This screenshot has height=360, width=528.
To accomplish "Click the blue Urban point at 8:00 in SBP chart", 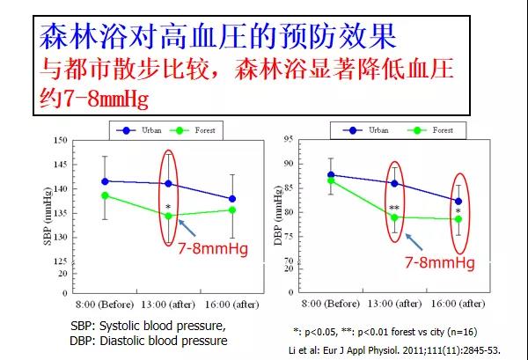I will click(x=105, y=181).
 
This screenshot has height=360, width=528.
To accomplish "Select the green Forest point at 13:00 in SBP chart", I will click(x=169, y=216).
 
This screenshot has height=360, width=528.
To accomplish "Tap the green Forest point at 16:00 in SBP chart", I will click(x=232, y=209).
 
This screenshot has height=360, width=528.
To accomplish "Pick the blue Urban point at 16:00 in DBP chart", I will click(x=458, y=201).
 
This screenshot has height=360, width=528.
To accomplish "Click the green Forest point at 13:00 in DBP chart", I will click(x=394, y=217).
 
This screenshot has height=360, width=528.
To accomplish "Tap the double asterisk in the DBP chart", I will click(x=395, y=209).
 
